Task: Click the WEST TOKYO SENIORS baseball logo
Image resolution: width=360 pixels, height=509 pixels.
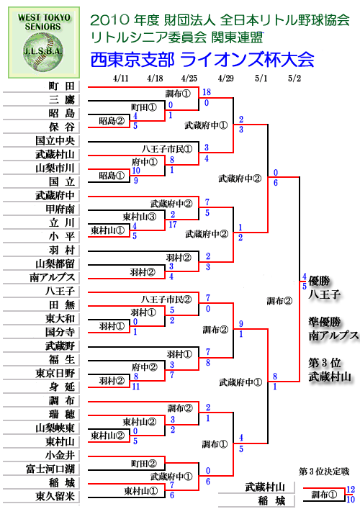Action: [44, 42]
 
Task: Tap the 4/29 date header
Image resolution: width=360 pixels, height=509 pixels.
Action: [225, 78]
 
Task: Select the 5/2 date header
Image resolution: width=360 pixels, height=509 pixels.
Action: [294, 78]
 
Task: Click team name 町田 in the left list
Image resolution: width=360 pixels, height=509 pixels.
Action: [62, 86]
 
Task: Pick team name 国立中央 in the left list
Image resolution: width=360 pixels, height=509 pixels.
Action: [55, 140]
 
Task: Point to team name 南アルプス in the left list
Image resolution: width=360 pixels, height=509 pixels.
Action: [53, 277]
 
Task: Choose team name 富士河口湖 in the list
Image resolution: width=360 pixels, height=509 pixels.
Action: [50, 469]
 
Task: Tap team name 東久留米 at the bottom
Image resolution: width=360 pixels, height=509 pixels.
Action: [55, 496]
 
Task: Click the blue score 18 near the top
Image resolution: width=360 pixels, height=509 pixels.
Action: [207, 92]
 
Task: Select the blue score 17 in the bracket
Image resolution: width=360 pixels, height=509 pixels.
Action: [173, 225]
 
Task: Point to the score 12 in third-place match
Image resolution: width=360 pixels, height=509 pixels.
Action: [351, 489]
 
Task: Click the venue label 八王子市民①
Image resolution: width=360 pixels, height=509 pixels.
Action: [167, 149]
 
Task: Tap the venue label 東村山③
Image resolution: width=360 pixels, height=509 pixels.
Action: [140, 217]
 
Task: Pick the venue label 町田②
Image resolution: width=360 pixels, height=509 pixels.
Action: [144, 464]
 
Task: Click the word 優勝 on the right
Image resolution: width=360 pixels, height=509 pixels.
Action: [319, 281]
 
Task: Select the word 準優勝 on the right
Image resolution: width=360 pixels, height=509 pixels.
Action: [325, 322]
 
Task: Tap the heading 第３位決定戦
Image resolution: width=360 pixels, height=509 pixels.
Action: [324, 472]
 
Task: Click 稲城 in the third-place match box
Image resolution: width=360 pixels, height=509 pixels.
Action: [271, 500]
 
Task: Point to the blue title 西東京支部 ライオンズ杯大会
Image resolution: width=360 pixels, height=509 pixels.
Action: [202, 60]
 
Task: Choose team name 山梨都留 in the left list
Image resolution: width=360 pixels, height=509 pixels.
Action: [55, 263]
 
